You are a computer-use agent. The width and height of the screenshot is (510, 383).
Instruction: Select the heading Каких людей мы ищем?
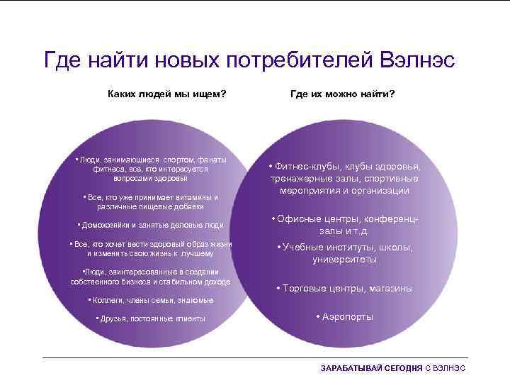click(x=166, y=93)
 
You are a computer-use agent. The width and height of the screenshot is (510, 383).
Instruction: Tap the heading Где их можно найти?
click(x=343, y=93)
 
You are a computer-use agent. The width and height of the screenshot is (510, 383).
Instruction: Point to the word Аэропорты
click(x=347, y=316)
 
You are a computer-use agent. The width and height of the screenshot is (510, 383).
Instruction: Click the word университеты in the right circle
click(x=344, y=260)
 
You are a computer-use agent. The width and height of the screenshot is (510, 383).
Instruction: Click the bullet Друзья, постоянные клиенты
click(x=150, y=318)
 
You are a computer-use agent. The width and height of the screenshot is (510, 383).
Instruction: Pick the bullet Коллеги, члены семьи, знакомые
click(x=149, y=300)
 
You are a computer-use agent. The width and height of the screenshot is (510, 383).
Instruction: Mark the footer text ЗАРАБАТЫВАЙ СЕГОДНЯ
click(x=371, y=369)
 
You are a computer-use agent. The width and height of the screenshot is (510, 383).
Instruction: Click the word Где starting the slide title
click(x=63, y=60)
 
